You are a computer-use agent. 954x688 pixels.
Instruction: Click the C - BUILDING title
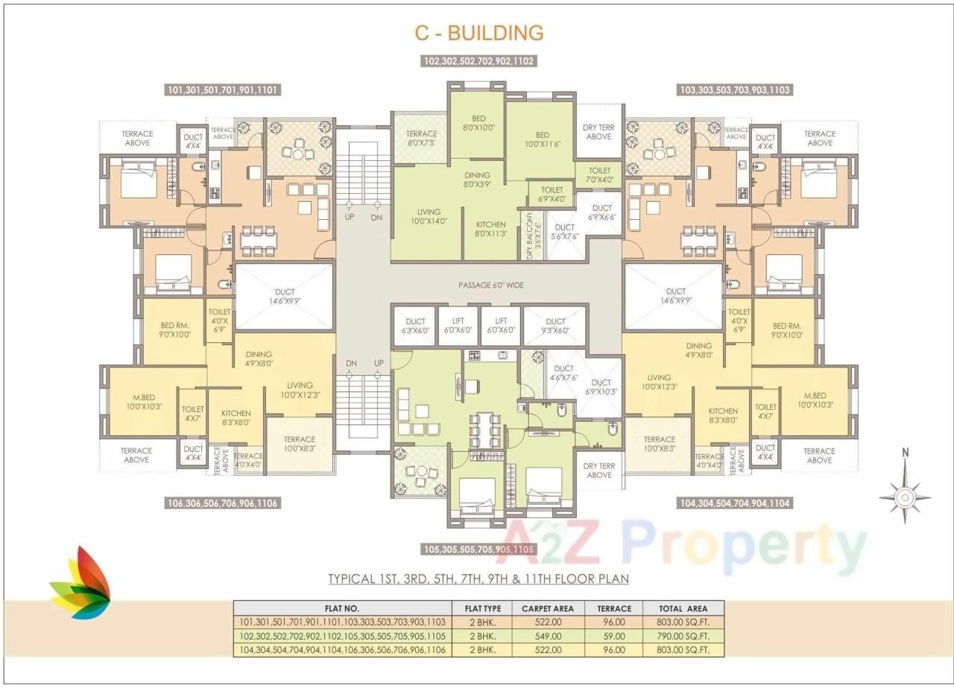pos(478,33)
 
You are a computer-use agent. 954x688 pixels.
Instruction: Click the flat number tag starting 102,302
pos(479,62)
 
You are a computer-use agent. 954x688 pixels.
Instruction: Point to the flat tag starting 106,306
pos(222,504)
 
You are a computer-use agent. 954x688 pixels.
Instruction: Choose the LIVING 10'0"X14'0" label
pos(429,216)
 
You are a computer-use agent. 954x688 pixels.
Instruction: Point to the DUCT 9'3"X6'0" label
pos(555,326)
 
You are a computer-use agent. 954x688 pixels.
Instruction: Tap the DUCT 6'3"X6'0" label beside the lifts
pos(414,326)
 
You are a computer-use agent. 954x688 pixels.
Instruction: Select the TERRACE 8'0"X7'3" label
pos(421,138)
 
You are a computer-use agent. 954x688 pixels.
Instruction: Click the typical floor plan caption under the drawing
pos(478,578)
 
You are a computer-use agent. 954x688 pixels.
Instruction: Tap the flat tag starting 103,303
pos(734,90)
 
